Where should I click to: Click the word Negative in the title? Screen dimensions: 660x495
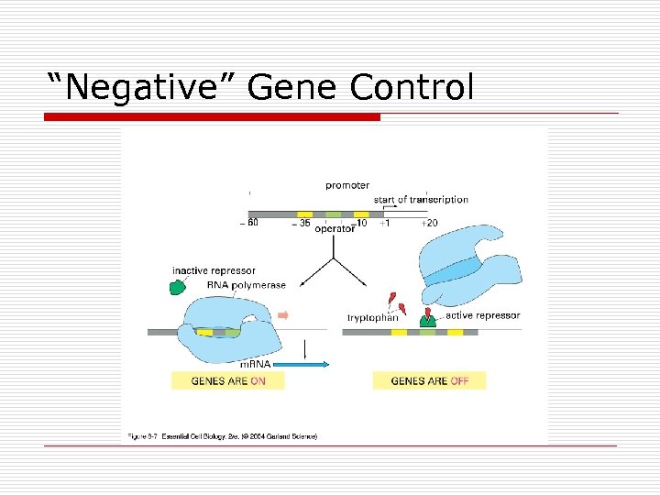144,87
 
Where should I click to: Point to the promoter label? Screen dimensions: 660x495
347,186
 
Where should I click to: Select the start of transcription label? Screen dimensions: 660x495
421,200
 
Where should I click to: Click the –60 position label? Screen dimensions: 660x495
247,224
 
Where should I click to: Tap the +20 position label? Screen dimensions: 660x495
429,224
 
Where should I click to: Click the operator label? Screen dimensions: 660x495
335,229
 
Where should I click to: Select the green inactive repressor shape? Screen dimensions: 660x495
177,287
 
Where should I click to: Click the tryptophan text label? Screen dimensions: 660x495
372,318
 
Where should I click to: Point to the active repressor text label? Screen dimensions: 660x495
483,316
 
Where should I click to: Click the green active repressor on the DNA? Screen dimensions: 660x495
427,320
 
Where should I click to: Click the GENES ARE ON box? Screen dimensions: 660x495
227,380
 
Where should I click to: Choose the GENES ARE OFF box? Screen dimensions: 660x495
429,380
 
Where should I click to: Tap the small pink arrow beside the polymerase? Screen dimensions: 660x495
283,315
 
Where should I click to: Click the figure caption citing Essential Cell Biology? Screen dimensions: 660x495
221,436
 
